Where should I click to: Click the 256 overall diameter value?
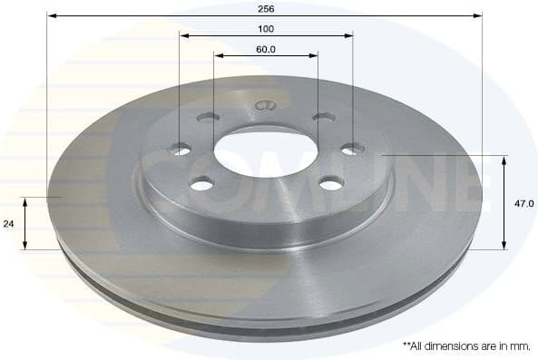[266, 7]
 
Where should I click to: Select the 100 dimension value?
[266, 29]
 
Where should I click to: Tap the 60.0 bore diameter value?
[266, 49]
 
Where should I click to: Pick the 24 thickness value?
[10, 222]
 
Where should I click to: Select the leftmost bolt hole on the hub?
[181, 150]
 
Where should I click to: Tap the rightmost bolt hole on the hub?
[352, 149]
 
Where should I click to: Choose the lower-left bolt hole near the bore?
[201, 184]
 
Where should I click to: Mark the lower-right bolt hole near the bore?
[331, 184]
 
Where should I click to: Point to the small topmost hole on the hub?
[265, 105]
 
